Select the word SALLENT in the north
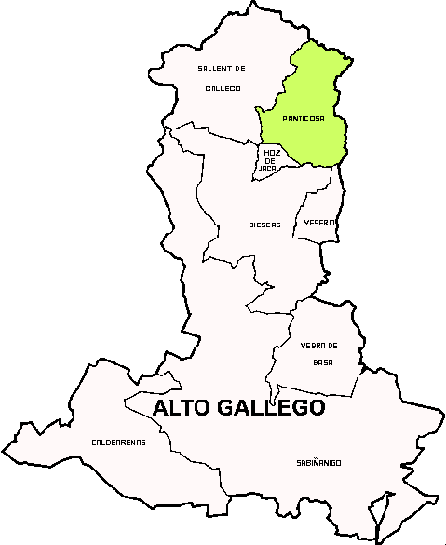pos(212,68)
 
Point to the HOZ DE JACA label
pos(270,159)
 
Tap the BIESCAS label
pos(264,225)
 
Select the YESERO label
pos(318,223)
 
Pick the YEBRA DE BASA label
pos(319,353)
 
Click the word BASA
pos(322,361)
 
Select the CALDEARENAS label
pos(118,442)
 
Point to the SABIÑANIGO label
pos(318,462)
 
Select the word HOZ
pos(271,152)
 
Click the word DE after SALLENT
pos(239,68)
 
